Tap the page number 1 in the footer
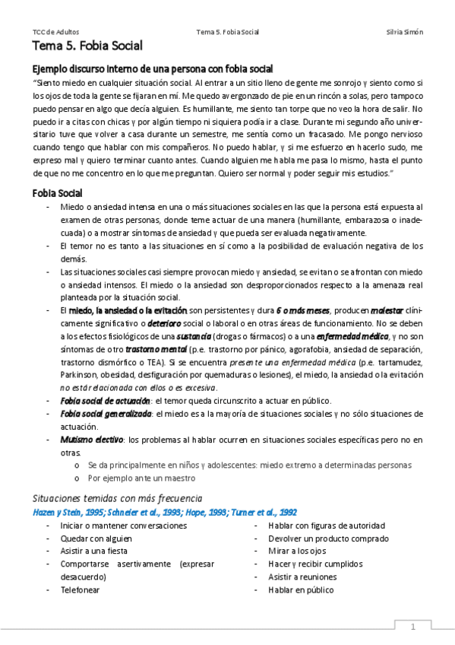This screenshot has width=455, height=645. click(413, 627)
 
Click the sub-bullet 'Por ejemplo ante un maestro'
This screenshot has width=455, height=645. click(141, 478)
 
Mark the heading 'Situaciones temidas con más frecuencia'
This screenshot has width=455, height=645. click(116, 498)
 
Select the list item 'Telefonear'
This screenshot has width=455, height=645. click(80, 589)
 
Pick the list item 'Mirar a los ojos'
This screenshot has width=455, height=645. click(297, 551)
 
